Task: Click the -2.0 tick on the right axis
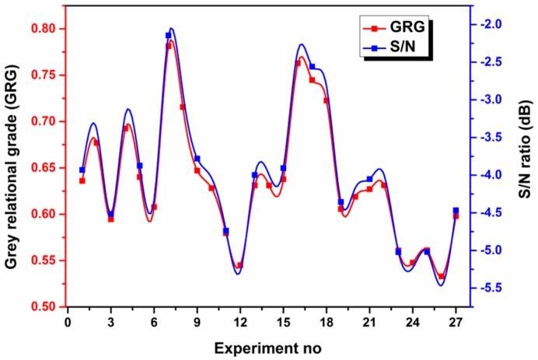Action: [488, 25]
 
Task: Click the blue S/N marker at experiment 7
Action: [169, 35]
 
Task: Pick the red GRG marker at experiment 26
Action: [441, 276]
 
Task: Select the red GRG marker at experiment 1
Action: [82, 180]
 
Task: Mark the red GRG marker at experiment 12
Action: [239, 265]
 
